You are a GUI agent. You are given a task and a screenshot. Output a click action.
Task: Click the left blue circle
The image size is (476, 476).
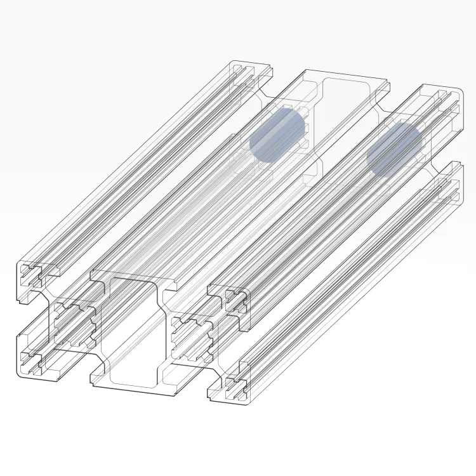click(277, 135)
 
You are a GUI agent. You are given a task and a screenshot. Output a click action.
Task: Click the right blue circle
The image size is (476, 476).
click(395, 150)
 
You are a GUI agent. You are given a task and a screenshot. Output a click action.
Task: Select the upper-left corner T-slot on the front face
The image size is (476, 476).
click(32, 275)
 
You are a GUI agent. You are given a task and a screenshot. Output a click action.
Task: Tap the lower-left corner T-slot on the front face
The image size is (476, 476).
click(32, 364)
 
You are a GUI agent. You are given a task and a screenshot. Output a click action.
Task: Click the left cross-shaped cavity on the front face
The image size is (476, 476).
click(75, 324)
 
